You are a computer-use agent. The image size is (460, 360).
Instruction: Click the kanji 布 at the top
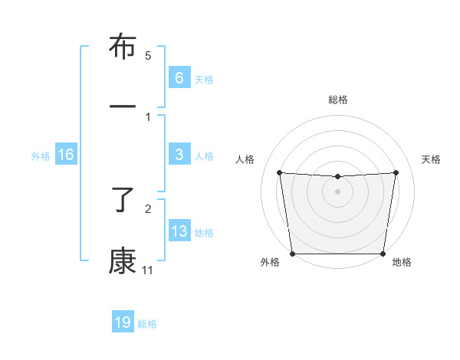coord(123,47)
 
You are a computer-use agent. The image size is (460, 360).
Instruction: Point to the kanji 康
coord(123,260)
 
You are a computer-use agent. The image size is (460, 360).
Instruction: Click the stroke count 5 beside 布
coord(148,56)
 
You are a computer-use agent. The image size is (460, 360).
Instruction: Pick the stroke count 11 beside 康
coord(147,270)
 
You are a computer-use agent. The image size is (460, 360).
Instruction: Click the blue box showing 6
coord(179,77)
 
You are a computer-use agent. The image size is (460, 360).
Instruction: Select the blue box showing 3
coord(179,155)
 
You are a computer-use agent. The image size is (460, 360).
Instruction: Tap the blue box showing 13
coord(179,231)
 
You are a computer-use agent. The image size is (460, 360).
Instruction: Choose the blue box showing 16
coord(66,155)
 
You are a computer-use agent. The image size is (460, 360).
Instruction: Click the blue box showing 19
coord(123,322)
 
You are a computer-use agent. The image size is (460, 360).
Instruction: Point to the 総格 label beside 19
coord(147,324)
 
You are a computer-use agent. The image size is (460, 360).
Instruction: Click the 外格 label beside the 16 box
coord(41,156)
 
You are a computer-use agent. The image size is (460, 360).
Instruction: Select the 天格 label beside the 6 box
coord(204,79)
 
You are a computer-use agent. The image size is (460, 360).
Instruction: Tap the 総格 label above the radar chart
coord(338,100)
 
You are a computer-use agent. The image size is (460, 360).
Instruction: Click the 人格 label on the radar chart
coord(245,159)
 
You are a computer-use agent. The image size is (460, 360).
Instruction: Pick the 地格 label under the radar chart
coord(402,263)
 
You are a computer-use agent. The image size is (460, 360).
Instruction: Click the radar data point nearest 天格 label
coord(396,172)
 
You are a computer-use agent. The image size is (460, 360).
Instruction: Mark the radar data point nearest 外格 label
coord(292,254)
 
